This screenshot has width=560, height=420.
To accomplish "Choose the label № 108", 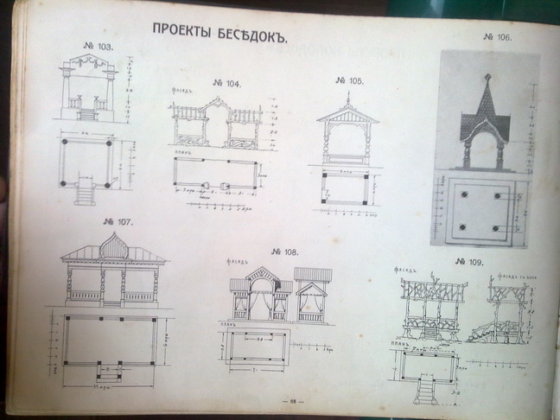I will point(283,252).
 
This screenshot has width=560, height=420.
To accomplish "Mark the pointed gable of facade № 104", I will point(217,110).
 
